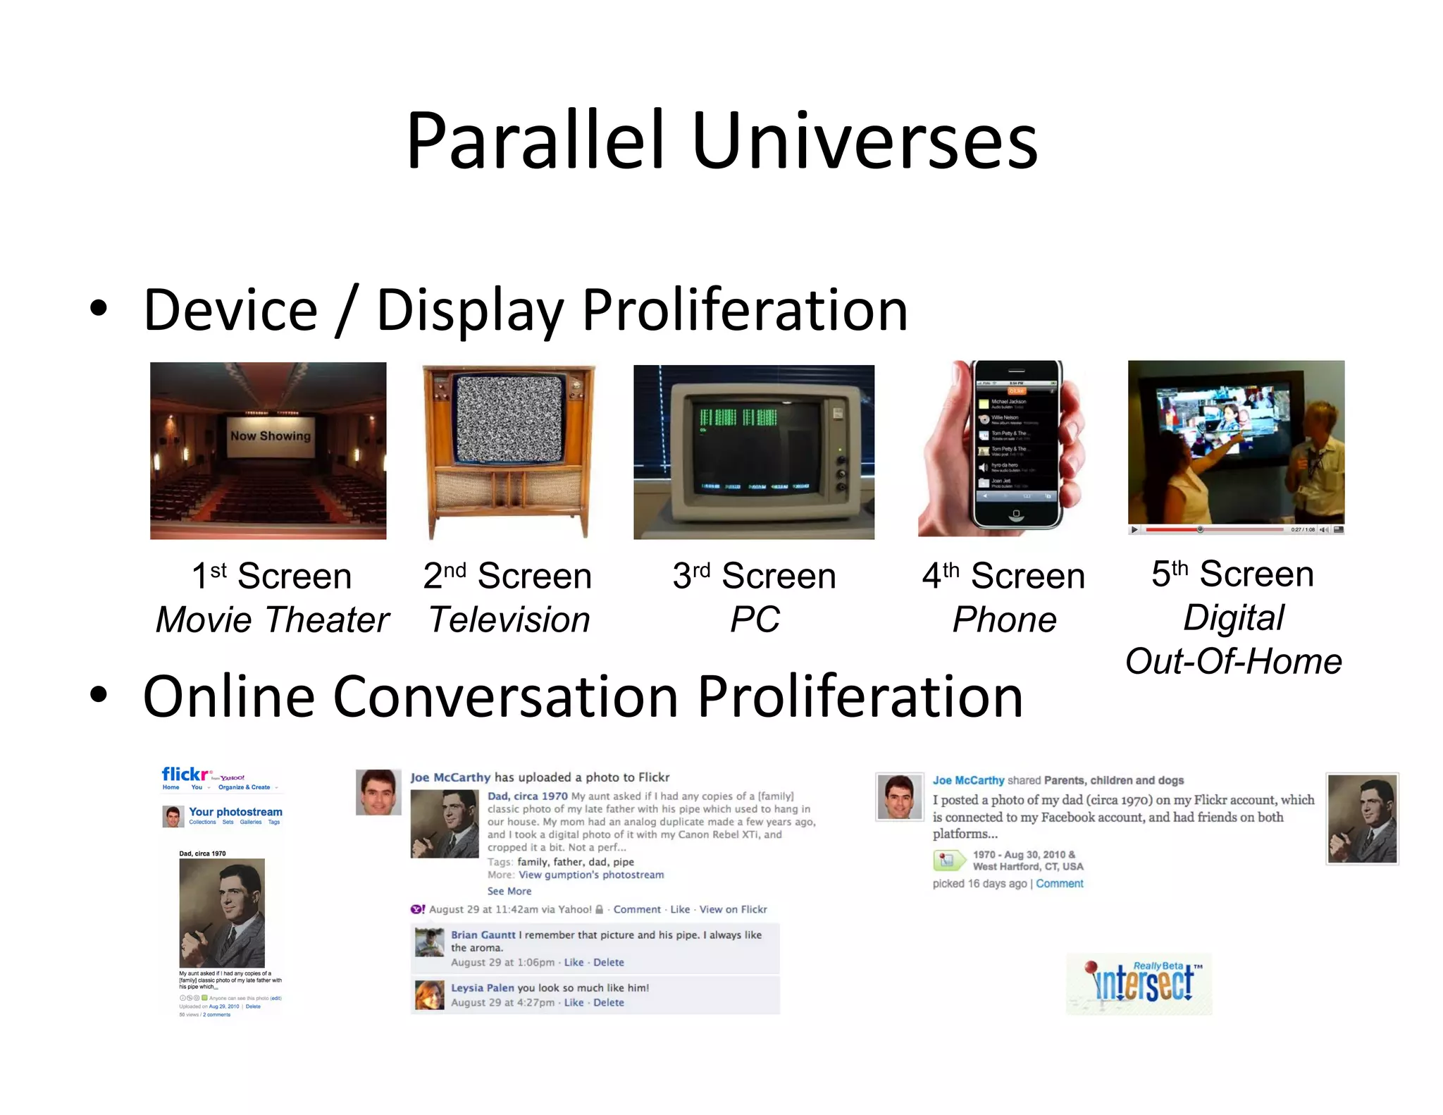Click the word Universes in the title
click(x=865, y=141)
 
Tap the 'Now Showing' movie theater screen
click(x=271, y=436)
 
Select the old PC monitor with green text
click(x=754, y=451)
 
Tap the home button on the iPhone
click(x=1015, y=515)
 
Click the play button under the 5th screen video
click(x=1134, y=529)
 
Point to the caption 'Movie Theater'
click(x=272, y=620)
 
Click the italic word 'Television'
click(x=509, y=620)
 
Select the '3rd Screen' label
click(x=754, y=576)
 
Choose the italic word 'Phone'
click(x=1004, y=620)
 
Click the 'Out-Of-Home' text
click(x=1233, y=662)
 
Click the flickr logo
click(x=185, y=775)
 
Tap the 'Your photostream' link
click(x=235, y=812)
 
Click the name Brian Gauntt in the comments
click(x=483, y=935)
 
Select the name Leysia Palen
click(x=483, y=988)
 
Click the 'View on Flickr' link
click(x=733, y=910)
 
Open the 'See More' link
click(x=509, y=892)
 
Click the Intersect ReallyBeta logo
click(x=1140, y=983)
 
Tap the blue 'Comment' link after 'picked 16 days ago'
click(x=1059, y=884)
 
